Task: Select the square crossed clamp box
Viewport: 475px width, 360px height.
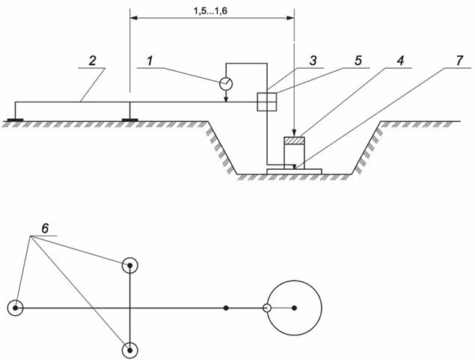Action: click(267, 102)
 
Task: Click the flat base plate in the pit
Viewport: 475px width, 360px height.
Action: click(294, 171)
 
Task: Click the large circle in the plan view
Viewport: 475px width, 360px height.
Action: click(295, 308)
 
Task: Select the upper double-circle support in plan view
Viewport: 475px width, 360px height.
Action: click(131, 266)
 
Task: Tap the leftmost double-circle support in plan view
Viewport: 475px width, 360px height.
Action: click(15, 308)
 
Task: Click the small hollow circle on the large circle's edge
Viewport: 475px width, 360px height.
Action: click(266, 308)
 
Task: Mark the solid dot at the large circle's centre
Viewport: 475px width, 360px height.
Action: click(295, 308)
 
